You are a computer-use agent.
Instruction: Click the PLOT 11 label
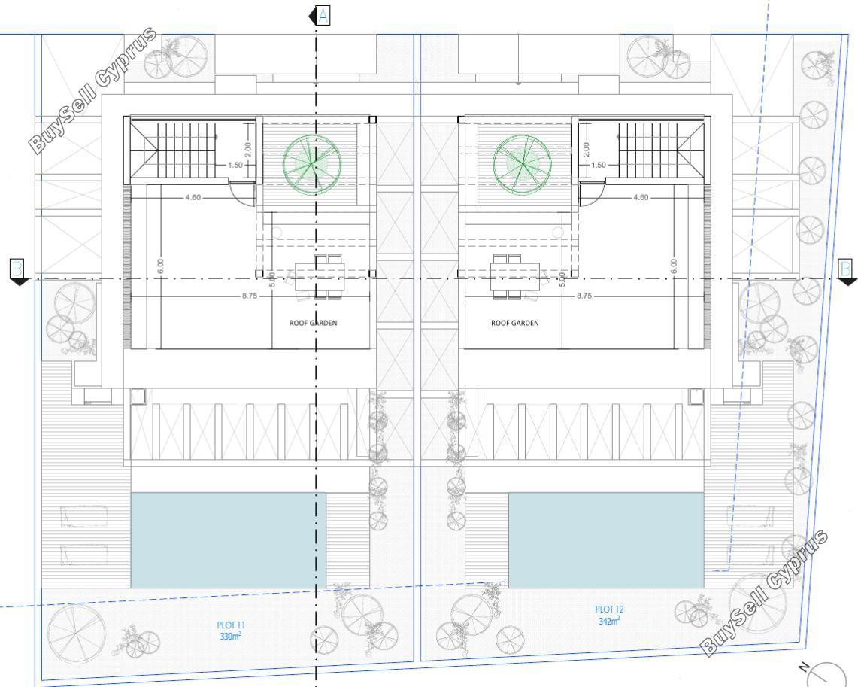230,625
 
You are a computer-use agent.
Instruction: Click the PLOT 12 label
609,609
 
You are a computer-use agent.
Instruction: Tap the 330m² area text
230,636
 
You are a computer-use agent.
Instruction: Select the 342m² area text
609,621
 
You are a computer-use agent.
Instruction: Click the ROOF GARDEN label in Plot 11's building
313,323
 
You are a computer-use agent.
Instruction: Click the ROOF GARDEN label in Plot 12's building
515,323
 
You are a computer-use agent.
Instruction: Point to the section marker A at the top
320,16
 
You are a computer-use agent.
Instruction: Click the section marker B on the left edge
19,272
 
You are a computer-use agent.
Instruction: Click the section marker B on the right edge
846,272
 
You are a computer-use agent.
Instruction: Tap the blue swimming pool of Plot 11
228,540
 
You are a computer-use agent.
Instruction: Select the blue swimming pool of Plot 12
606,540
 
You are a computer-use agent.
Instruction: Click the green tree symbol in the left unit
312,164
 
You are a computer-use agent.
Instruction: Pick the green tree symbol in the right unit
522,164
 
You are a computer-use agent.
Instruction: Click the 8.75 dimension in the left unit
250,296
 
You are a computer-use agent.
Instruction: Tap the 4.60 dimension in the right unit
640,197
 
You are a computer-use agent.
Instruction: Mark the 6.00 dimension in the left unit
159,266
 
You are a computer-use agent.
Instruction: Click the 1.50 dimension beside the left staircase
235,165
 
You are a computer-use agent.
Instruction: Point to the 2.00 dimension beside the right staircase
587,150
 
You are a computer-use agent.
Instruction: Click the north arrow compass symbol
825,674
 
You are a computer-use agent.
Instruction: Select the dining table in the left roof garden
320,277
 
